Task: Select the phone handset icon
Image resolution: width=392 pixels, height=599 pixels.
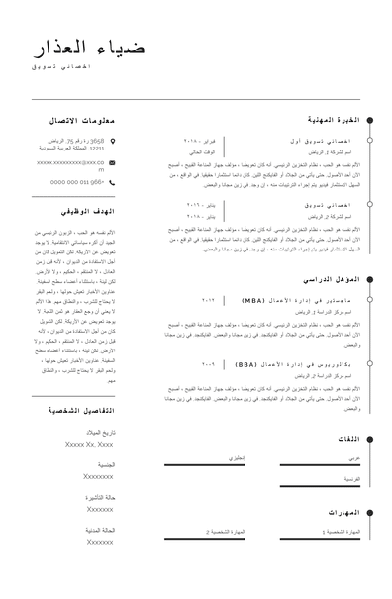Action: [x=112, y=182]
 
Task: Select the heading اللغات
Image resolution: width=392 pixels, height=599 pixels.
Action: [x=347, y=437]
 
